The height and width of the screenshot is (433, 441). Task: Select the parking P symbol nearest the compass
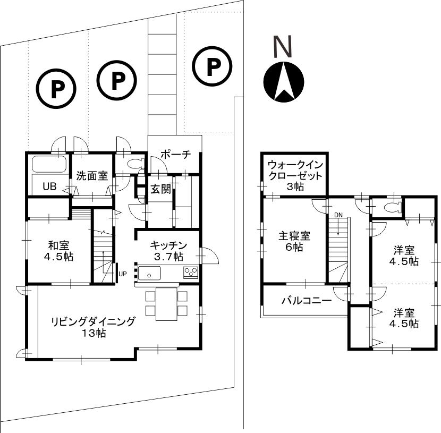click(x=213, y=67)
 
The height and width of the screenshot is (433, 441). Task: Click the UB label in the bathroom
click(x=49, y=186)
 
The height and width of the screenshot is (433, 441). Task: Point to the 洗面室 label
click(x=91, y=176)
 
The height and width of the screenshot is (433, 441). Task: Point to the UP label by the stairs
click(x=123, y=274)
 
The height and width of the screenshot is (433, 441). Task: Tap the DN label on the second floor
click(x=338, y=215)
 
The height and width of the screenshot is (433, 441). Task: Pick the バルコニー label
click(x=306, y=300)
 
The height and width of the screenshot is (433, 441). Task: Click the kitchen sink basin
click(x=150, y=274)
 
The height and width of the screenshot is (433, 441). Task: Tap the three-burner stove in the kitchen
click(x=191, y=273)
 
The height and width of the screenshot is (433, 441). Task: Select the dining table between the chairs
click(x=166, y=303)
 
